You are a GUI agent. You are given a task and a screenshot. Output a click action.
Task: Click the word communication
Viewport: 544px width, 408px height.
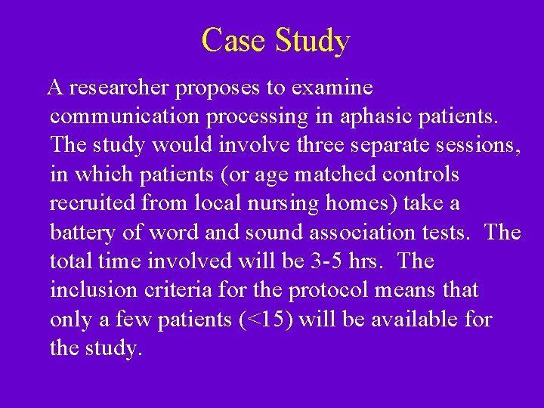pos(121,117)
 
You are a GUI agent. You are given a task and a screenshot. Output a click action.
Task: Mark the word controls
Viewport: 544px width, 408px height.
pos(421,175)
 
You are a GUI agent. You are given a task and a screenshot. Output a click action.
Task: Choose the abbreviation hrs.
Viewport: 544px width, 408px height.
pos(368,261)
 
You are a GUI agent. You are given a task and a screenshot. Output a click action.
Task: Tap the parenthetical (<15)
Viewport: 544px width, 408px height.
pos(266,319)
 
